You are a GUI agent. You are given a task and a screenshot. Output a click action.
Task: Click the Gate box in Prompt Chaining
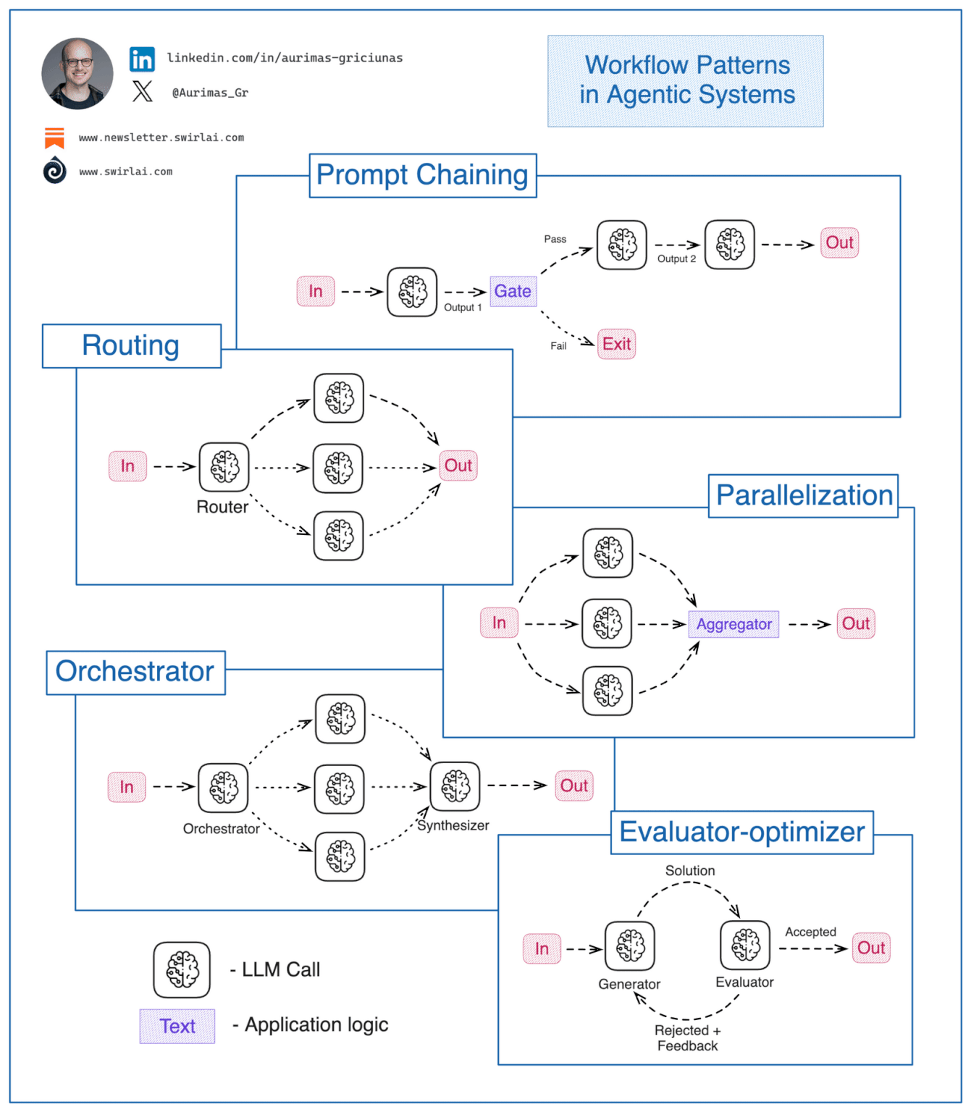pos(513,291)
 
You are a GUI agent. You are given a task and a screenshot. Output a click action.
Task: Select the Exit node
pos(616,344)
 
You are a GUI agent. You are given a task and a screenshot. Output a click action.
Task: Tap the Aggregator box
pos(733,624)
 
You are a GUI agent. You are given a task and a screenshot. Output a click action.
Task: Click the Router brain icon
pos(224,467)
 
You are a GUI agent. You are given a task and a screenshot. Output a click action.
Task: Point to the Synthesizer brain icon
pos(455,786)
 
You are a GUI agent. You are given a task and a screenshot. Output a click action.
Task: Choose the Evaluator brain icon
pos(745,945)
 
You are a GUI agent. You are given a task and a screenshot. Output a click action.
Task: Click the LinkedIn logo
pos(142,59)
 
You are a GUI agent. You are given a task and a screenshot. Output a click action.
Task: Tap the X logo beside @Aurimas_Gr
pos(143,91)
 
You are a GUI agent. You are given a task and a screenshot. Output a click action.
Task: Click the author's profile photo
pos(77,74)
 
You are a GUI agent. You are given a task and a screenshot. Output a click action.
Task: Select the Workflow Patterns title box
pos(686,81)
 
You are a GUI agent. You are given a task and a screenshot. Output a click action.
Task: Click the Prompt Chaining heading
pos(423,175)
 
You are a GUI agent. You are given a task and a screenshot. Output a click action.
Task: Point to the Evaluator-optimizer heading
pos(742,833)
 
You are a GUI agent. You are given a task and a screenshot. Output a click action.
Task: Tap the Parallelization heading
pos(804,496)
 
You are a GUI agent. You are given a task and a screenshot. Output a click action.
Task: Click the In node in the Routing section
pos(127,466)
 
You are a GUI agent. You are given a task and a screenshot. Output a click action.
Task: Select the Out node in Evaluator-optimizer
pos(870,948)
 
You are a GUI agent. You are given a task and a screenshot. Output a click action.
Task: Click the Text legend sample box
pos(177,1026)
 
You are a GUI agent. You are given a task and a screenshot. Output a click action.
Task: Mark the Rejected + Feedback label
pos(687,1038)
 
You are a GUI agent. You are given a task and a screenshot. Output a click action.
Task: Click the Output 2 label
pos(676,259)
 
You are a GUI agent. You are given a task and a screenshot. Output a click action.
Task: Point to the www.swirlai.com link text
pos(125,172)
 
